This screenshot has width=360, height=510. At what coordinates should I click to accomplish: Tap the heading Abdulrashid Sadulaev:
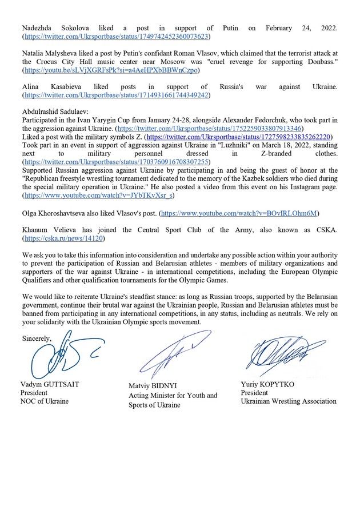click(55, 111)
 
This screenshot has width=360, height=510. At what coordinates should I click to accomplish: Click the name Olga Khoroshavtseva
click(54, 213)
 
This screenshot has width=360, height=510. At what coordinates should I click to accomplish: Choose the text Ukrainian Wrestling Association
click(289, 401)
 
